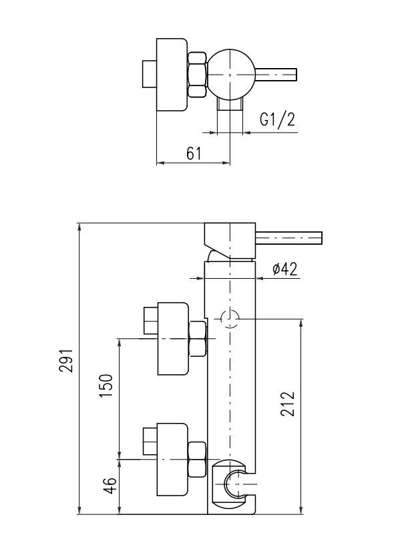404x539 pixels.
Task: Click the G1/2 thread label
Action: pyautogui.click(x=277, y=119)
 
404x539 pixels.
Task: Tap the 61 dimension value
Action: pyautogui.click(x=194, y=153)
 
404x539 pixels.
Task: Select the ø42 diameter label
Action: pyautogui.click(x=284, y=269)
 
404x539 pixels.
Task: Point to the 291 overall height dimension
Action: pyautogui.click(x=66, y=360)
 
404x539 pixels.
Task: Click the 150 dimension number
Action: pyautogui.click(x=106, y=386)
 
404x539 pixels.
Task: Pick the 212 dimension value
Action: pyautogui.click(x=288, y=404)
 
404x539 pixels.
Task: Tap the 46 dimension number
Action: pyautogui.click(x=110, y=486)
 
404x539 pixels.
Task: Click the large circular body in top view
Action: pyautogui.click(x=231, y=75)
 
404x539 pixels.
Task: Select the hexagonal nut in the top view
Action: pyautogui.click(x=197, y=75)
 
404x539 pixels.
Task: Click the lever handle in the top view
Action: pyautogui.click(x=276, y=75)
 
